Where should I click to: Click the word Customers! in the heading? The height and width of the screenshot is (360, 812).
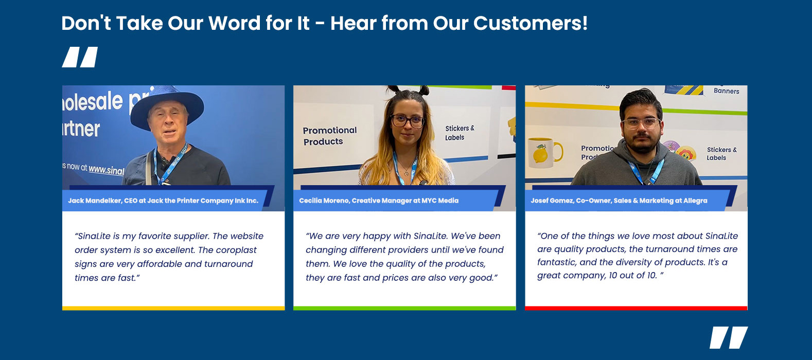pyautogui.click(x=531, y=23)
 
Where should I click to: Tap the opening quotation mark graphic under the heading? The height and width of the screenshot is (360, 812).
pyautogui.click(x=80, y=57)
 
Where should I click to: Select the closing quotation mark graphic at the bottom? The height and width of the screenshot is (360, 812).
pyautogui.click(x=729, y=337)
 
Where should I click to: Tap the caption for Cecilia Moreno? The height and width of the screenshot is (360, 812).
pyautogui.click(x=379, y=201)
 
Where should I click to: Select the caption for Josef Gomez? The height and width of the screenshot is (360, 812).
pyautogui.click(x=619, y=201)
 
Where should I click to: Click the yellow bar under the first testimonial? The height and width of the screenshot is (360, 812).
pyautogui.click(x=173, y=308)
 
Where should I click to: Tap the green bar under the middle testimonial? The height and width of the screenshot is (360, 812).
pyautogui.click(x=404, y=308)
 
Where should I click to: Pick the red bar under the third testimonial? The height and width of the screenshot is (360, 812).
pyautogui.click(x=636, y=308)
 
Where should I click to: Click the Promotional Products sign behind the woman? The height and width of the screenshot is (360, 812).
pyautogui.click(x=330, y=136)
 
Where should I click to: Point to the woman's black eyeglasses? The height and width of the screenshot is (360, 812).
pyautogui.click(x=407, y=121)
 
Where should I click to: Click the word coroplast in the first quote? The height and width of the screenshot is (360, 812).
pyautogui.click(x=236, y=250)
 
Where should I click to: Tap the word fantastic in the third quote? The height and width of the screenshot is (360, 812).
pyautogui.click(x=555, y=262)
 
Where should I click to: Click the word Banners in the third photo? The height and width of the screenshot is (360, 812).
pyautogui.click(x=727, y=91)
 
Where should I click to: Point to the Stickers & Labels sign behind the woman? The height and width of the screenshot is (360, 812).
pyautogui.click(x=460, y=133)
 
